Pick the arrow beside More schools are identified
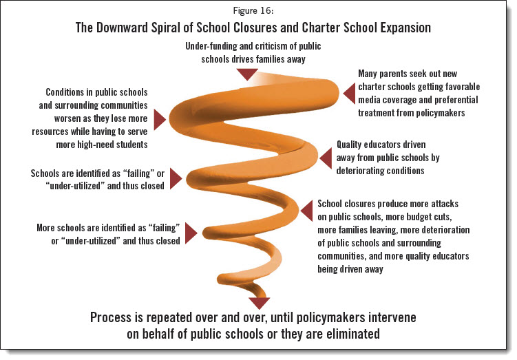point(191,234)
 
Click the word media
point(371,100)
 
